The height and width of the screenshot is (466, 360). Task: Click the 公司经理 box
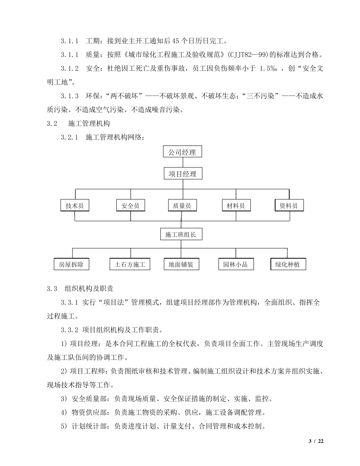tap(182, 152)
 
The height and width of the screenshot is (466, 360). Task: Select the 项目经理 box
tap(182, 174)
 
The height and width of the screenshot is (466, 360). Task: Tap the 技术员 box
tap(75, 205)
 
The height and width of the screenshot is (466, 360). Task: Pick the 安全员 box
tap(130, 205)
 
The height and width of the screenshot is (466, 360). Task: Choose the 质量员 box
tap(182, 205)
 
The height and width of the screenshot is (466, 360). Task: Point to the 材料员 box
tap(236, 205)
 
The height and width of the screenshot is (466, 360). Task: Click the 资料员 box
tap(289, 205)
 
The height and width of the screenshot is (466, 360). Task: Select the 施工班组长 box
tap(181, 235)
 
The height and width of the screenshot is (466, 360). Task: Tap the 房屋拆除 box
tap(71, 264)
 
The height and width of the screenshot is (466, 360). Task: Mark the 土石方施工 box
tap(130, 264)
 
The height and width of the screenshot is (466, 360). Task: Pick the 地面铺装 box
tap(181, 264)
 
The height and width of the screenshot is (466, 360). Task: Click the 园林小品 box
tap(236, 264)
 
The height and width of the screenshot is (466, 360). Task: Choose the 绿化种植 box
tap(288, 264)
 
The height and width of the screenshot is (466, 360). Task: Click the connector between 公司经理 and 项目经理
tap(183, 163)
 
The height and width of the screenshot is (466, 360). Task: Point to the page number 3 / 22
tap(316, 441)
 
